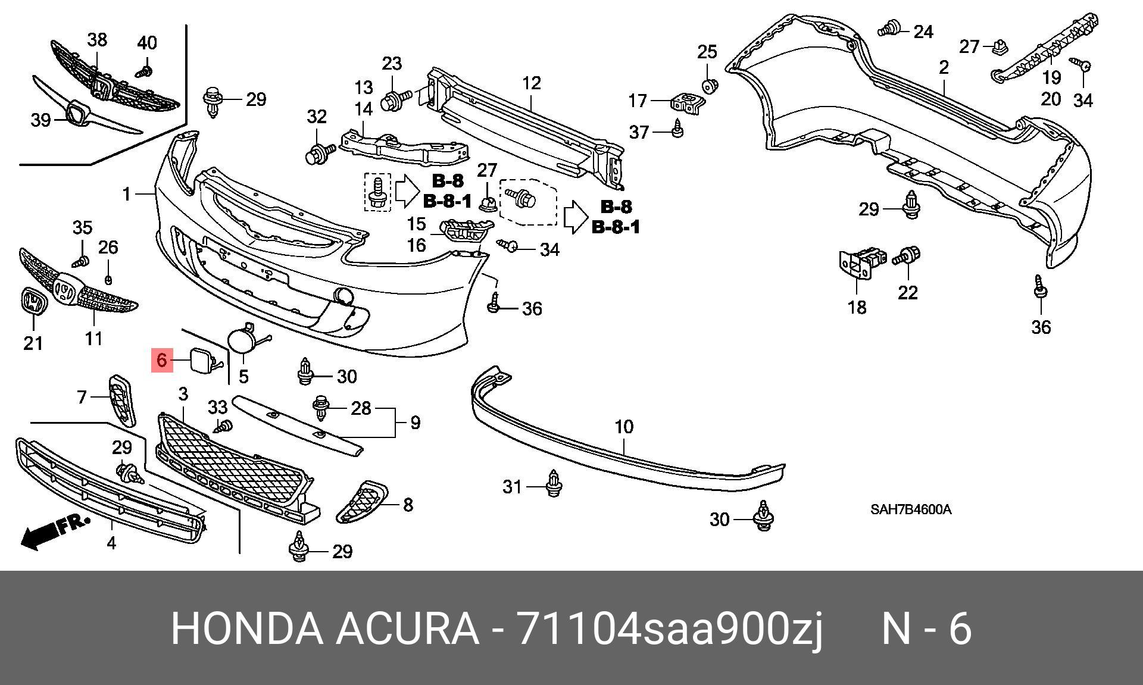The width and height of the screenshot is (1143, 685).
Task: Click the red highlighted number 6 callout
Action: coord(162,359)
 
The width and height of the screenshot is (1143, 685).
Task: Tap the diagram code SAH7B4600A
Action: coord(910,510)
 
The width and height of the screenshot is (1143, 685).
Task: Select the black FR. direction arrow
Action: coord(54,531)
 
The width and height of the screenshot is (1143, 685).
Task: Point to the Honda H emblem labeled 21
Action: coord(33,301)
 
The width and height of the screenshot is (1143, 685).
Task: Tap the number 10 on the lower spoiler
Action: coord(624,426)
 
